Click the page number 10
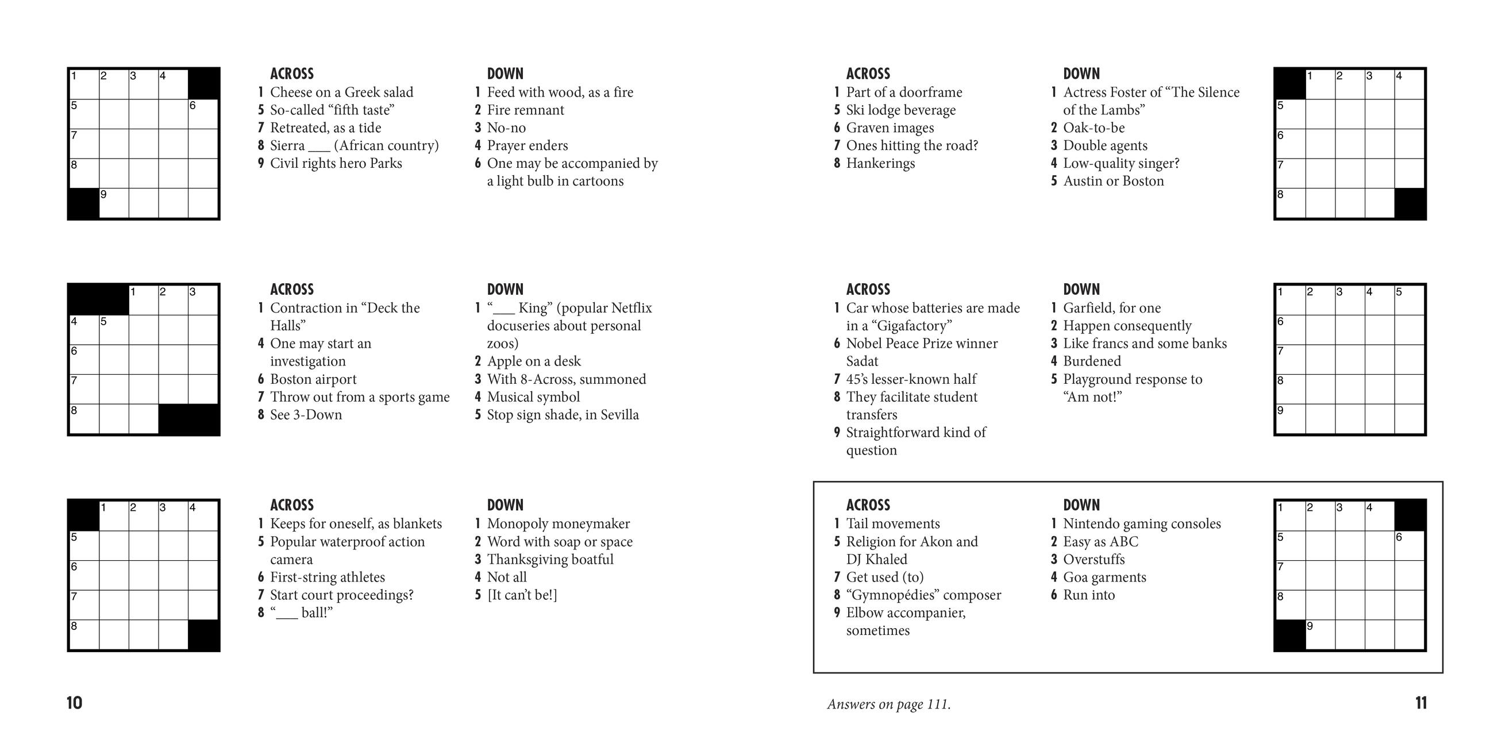(x=74, y=703)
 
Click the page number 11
(x=1420, y=703)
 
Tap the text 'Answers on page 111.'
(x=888, y=704)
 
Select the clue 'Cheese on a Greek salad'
(x=341, y=92)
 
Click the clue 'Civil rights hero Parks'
(x=335, y=164)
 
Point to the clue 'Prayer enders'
(x=526, y=145)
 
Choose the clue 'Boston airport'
(x=313, y=379)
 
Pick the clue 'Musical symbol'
(x=533, y=397)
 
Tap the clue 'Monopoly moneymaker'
(x=557, y=523)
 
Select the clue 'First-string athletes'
(x=327, y=577)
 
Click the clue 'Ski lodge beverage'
(x=900, y=110)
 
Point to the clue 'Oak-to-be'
(x=1093, y=128)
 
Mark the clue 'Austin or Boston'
(x=1113, y=181)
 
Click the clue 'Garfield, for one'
(x=1111, y=308)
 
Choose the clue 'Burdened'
(x=1092, y=361)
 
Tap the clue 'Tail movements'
(x=892, y=523)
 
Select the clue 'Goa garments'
(x=1104, y=577)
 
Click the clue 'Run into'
(x=1088, y=595)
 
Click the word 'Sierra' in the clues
(x=287, y=145)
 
